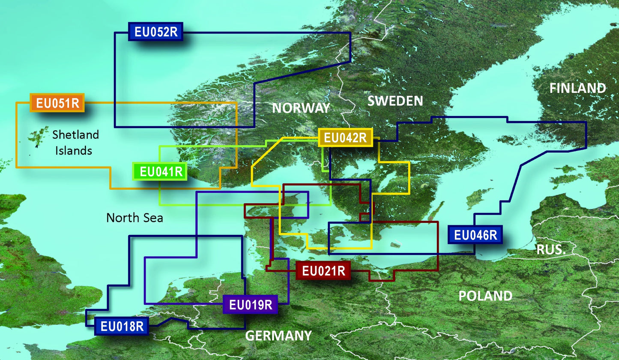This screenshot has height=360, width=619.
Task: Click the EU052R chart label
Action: [x=155, y=32]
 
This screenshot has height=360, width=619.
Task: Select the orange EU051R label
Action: [x=57, y=103]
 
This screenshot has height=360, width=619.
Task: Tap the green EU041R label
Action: [x=159, y=172]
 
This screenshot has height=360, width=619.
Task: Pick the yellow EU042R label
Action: [x=345, y=138]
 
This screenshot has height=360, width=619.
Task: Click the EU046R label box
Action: [x=475, y=235]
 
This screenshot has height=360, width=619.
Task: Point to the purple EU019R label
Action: [x=251, y=305]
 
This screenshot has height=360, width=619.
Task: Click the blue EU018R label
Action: [x=122, y=327]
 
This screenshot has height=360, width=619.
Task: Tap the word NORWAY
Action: [x=301, y=108]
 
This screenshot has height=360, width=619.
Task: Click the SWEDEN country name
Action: [x=395, y=101]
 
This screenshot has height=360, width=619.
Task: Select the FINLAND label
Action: [x=577, y=88]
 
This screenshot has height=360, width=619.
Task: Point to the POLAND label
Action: [x=485, y=296]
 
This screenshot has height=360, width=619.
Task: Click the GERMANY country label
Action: [x=278, y=335]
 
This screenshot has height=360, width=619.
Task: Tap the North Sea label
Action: [x=135, y=218]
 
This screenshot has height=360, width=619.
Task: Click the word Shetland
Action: [x=75, y=135]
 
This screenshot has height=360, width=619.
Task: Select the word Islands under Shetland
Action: [x=75, y=150]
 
